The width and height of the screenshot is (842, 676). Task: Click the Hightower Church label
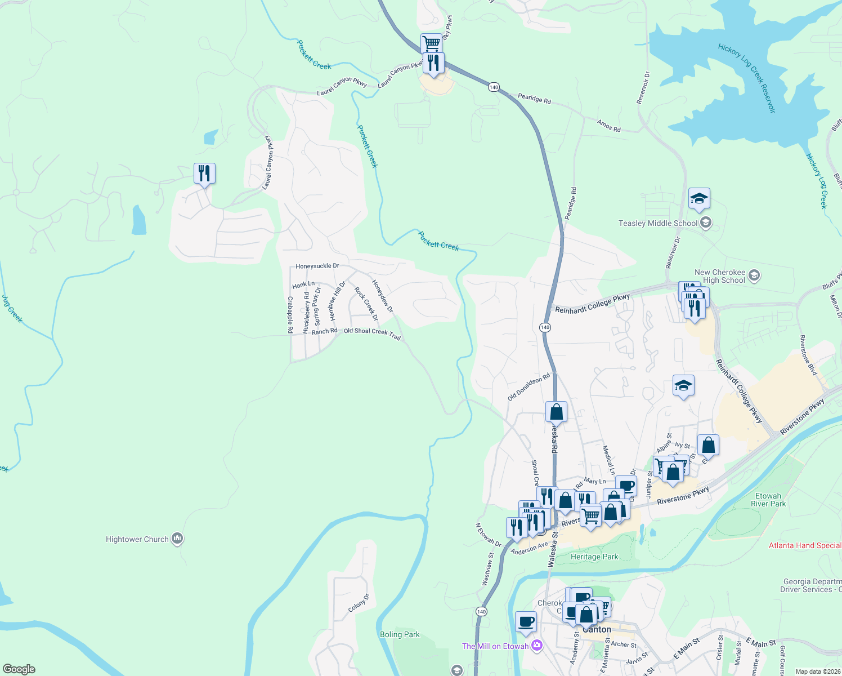[x=137, y=540]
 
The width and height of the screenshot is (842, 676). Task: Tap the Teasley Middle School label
[x=658, y=224]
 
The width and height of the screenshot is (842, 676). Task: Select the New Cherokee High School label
[x=720, y=276]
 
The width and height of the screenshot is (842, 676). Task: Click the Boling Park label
[x=400, y=635]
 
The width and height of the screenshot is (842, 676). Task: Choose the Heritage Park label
[x=594, y=557]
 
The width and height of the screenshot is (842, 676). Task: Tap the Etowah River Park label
[x=768, y=500]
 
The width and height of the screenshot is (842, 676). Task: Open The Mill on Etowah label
[x=495, y=646]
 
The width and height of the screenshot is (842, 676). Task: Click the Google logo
[x=19, y=669]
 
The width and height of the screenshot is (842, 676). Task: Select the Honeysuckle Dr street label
[x=317, y=266]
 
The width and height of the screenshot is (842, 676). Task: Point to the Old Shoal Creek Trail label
[x=372, y=333]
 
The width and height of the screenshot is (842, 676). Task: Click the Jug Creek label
[x=12, y=309]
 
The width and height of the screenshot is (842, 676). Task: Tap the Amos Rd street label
[x=609, y=126]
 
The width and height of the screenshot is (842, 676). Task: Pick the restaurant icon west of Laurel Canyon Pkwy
[x=204, y=174]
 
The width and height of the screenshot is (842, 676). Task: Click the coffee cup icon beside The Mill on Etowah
[x=526, y=622]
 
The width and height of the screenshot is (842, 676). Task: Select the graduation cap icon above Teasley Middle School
[x=699, y=199]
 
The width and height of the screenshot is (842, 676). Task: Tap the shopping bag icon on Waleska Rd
[x=556, y=411]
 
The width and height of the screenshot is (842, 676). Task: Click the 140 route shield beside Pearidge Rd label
[x=494, y=87]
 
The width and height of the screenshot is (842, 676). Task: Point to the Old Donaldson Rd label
[x=529, y=388]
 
